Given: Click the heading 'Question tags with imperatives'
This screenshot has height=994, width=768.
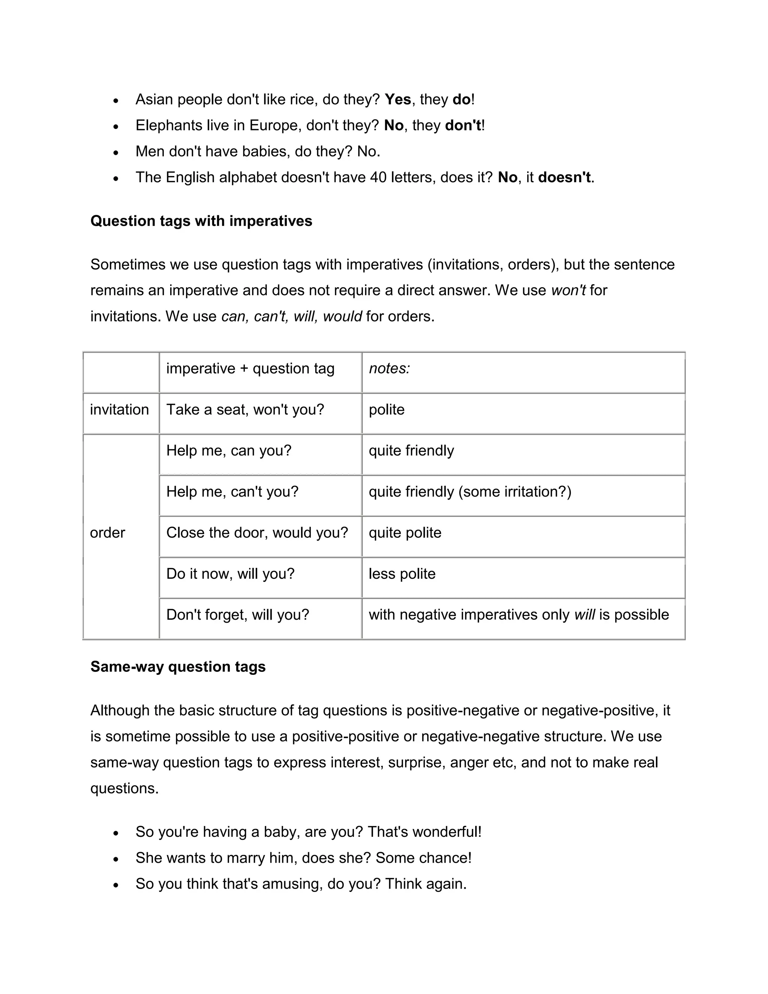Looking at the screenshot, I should tap(201, 221).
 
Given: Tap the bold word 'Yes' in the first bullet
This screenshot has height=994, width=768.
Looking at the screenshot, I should tap(397, 99).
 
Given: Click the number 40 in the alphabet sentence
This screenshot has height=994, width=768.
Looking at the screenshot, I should tap(378, 177).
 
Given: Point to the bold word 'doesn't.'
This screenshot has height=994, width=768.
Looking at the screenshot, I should tap(565, 177).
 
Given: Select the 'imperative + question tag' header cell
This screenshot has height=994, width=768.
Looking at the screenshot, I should tap(250, 368).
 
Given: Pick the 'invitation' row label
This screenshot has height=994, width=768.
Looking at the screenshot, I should tap(119, 409).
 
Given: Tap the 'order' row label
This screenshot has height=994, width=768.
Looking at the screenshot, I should tap(107, 533).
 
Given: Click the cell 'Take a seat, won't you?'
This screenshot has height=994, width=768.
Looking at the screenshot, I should tap(245, 409).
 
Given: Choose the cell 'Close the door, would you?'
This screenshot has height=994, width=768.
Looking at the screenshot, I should tap(257, 533).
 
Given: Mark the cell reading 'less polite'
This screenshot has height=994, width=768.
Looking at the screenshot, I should tap(402, 574).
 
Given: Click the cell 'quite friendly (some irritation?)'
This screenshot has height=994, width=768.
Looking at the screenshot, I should tap(470, 491).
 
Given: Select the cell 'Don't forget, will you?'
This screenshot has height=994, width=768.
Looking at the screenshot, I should tap(237, 614).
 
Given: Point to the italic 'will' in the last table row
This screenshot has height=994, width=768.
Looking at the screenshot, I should tap(584, 614).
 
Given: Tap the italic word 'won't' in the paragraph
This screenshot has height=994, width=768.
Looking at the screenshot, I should tap(568, 290).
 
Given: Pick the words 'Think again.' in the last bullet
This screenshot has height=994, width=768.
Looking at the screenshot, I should tap(426, 883).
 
